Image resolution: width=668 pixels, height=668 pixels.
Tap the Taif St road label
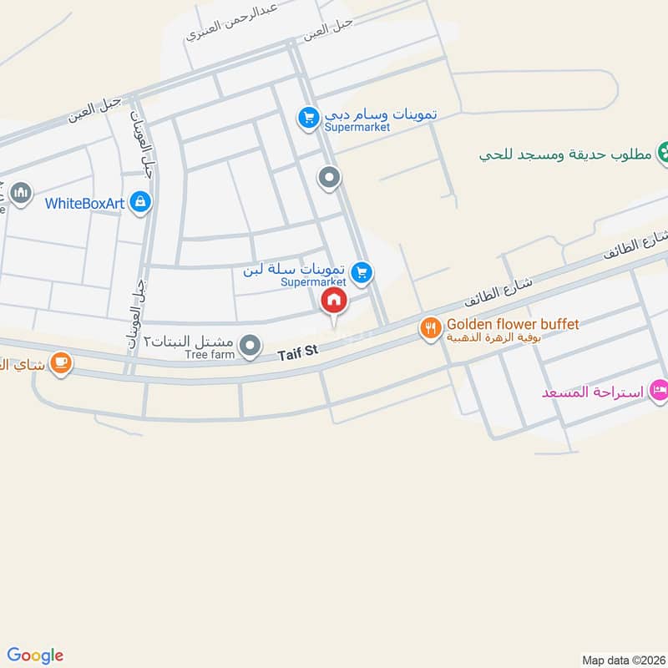[x=300, y=354]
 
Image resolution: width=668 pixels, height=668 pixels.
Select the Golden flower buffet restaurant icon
[x=430, y=328]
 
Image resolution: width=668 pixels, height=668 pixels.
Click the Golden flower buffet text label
[x=513, y=323]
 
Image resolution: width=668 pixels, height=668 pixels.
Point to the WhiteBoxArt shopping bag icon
[x=141, y=201]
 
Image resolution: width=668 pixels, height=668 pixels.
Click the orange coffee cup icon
[x=60, y=362]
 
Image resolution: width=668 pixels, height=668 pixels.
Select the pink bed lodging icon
[x=660, y=390]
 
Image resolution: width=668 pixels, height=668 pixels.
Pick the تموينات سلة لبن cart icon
[x=362, y=271]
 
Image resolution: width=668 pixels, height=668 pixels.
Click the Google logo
[x=35, y=655]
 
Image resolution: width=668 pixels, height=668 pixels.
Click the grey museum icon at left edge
[x=20, y=194]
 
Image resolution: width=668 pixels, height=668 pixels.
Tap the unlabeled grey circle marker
[x=330, y=177]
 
